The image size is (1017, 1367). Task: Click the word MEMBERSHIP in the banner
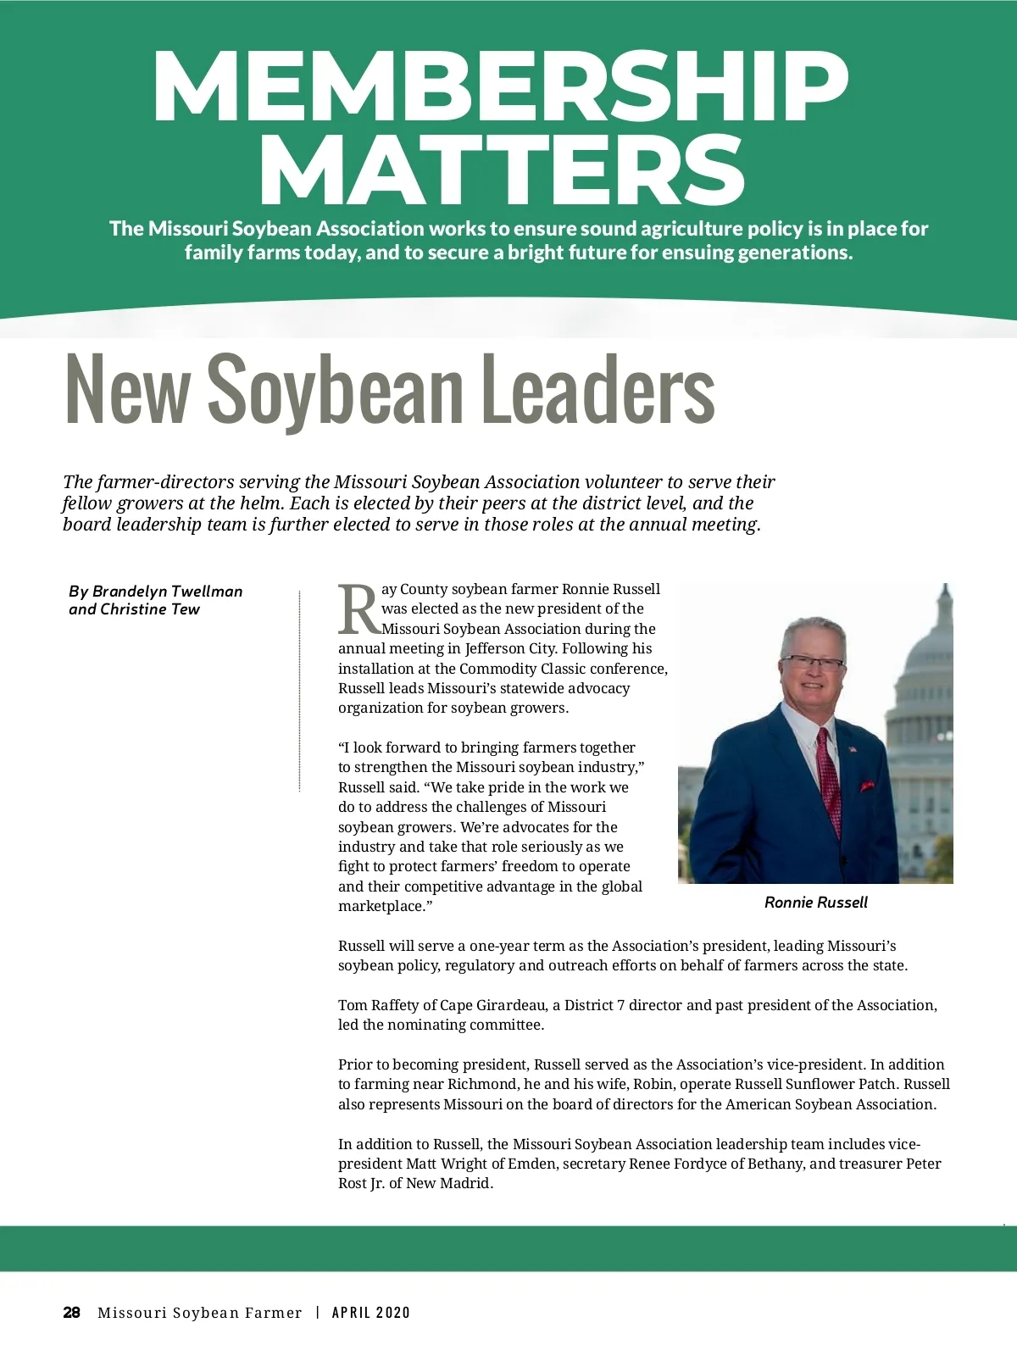tap(500, 87)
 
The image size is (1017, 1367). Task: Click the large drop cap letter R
tap(358, 608)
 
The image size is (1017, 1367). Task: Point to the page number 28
tap(72, 1313)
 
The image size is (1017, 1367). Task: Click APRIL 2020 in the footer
tap(371, 1313)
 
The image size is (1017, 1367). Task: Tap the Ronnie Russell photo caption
tap(815, 903)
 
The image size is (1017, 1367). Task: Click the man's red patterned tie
tap(828, 784)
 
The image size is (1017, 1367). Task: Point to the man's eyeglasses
tap(811, 662)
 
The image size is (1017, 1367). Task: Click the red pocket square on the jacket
tap(867, 786)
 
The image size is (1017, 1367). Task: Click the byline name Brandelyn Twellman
tap(168, 592)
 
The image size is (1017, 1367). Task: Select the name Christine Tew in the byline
tap(150, 609)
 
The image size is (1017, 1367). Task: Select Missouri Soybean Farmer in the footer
tap(200, 1313)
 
